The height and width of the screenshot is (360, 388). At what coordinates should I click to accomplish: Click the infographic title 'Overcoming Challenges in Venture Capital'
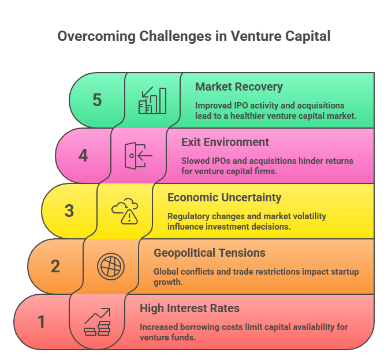coord(194,36)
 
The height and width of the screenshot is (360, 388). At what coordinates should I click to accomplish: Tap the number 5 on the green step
coord(97,100)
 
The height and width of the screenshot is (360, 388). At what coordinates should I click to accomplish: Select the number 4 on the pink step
coord(83,155)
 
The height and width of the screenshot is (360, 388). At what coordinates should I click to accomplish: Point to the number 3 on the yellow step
coord(69,211)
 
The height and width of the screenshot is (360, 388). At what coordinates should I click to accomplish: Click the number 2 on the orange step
coord(55,266)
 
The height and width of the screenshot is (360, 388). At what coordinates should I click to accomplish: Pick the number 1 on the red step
coord(42,321)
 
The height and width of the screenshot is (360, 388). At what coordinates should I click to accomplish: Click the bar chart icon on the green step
coord(152,100)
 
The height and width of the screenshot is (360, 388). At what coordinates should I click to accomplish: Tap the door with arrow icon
coord(139,155)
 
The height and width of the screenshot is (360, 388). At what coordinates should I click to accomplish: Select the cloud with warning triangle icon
coord(125,211)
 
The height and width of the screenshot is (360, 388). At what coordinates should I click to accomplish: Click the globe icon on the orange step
coord(111,266)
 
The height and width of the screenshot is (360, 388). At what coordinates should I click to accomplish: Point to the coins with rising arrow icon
coord(97,322)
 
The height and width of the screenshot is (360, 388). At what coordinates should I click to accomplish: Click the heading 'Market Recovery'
coord(239,87)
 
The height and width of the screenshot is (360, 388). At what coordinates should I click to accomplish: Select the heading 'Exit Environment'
coord(225,142)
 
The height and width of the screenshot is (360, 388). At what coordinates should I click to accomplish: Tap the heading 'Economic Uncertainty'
coord(225,197)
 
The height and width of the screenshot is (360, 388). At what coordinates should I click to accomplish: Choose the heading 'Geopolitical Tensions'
coord(210,253)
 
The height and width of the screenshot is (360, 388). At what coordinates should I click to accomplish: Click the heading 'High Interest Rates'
coord(189,308)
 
